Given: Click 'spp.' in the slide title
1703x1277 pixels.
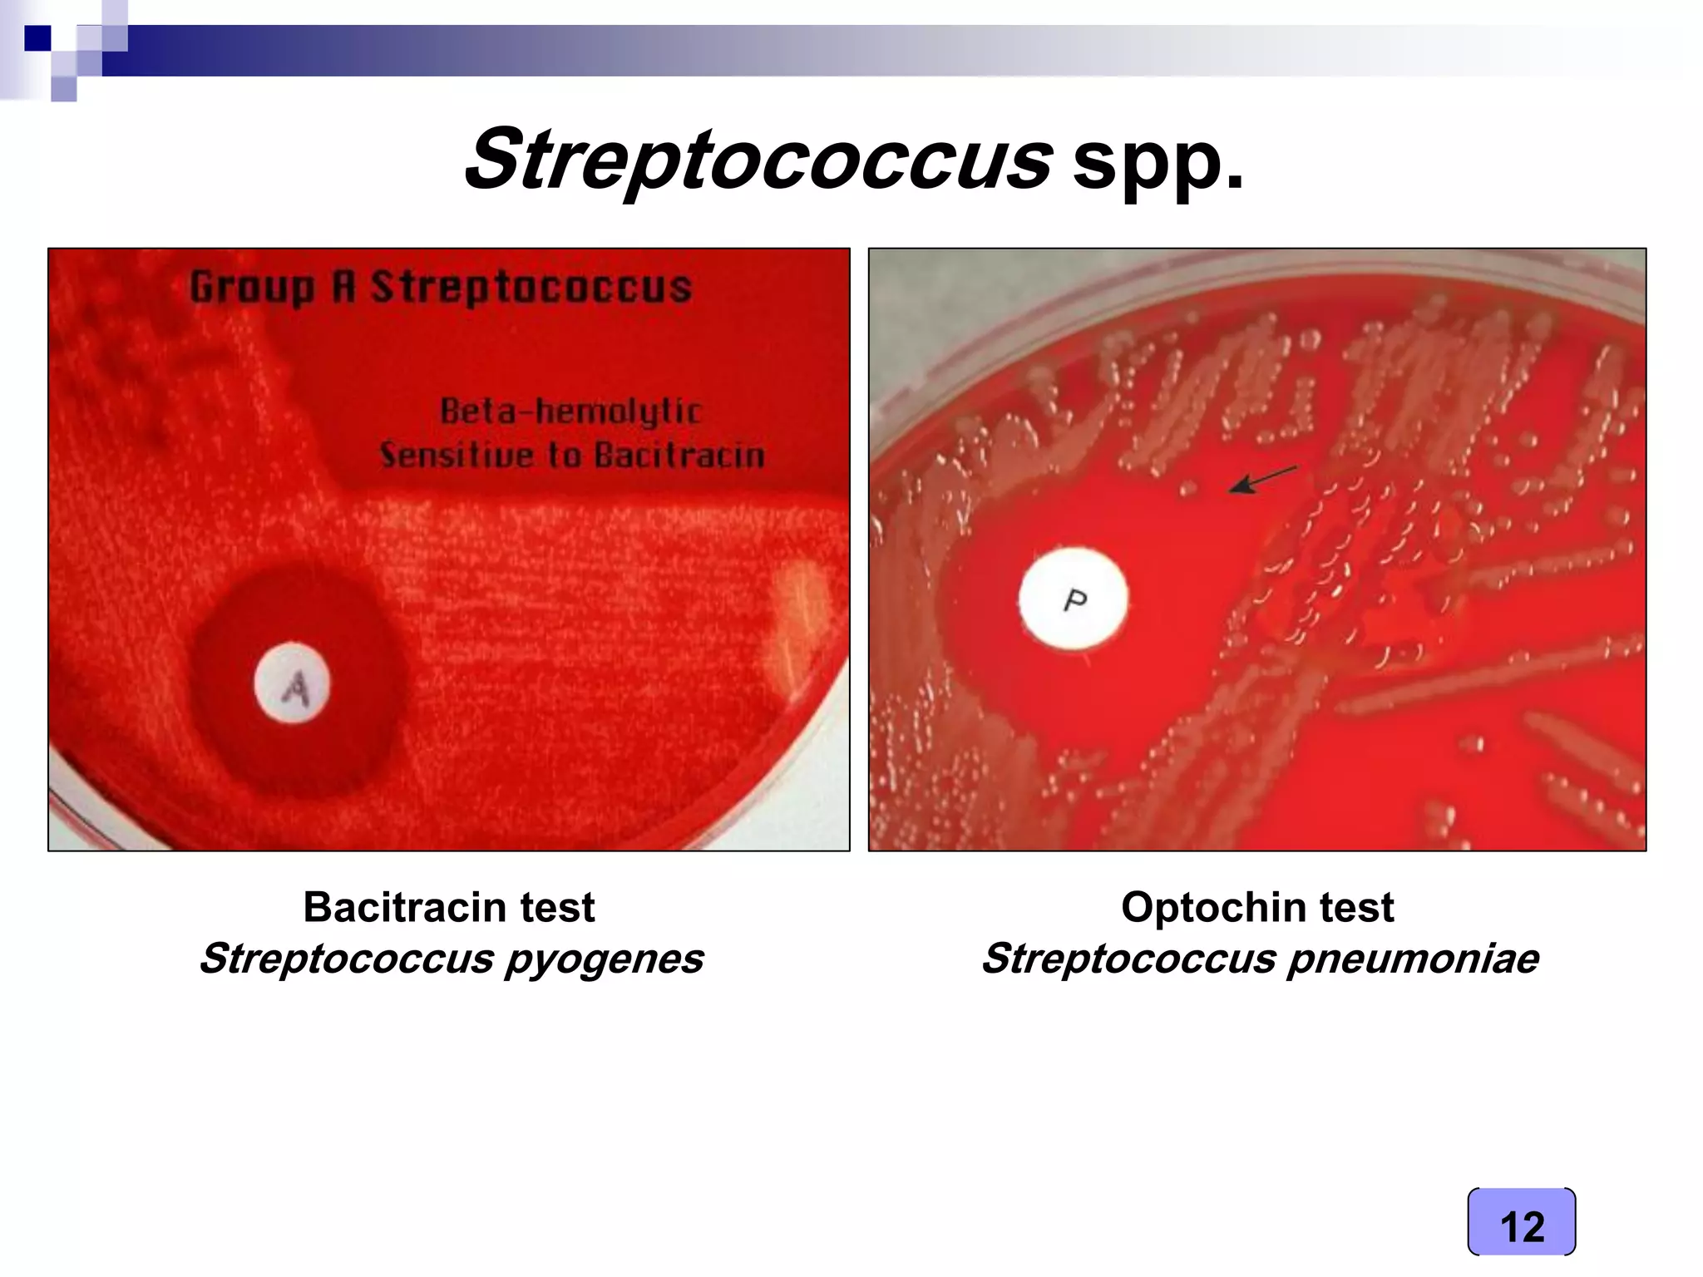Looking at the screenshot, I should click(x=1158, y=162).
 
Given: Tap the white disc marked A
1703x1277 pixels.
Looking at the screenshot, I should click(x=292, y=683).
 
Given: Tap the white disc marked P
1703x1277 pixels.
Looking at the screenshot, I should click(x=1074, y=599).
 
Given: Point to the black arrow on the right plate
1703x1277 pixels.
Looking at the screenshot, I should click(x=1262, y=480).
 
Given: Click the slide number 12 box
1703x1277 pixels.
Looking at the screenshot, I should click(x=1521, y=1222).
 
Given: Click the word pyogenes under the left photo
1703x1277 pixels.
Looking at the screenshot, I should click(x=604, y=959).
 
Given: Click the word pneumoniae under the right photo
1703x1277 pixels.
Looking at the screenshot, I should click(x=1414, y=959).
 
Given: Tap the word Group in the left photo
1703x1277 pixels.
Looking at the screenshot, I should click(x=252, y=288).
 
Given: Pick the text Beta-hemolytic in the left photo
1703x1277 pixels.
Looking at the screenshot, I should click(x=570, y=411).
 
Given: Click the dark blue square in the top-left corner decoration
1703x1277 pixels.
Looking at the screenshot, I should click(x=37, y=38).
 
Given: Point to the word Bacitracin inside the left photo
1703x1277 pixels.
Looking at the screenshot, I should click(x=679, y=456).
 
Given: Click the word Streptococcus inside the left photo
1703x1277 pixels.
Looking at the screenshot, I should click(x=531, y=288).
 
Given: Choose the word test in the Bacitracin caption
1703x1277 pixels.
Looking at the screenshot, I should click(x=557, y=907).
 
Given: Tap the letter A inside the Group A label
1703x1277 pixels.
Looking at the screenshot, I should click(x=343, y=288).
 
